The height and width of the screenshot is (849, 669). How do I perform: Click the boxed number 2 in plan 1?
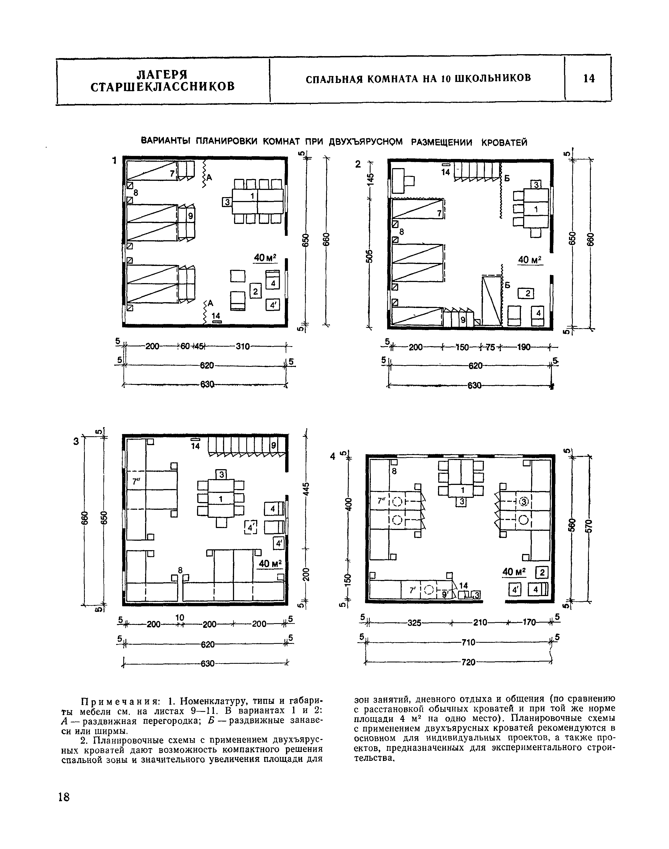(x=255, y=291)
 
